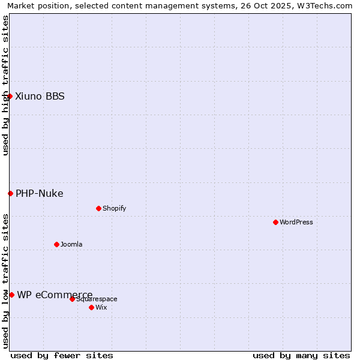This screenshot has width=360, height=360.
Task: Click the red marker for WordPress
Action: tap(275, 222)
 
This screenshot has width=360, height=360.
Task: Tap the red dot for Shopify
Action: tap(98, 208)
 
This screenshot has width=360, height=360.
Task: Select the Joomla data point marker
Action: tap(56, 244)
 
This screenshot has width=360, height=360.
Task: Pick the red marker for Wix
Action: tap(91, 307)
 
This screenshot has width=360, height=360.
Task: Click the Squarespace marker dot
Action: tap(72, 299)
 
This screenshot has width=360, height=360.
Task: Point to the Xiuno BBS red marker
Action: tap(10, 96)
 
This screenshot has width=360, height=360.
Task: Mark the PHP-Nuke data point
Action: tap(10, 193)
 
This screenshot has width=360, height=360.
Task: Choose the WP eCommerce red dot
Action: tap(11, 295)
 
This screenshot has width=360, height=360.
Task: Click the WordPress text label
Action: tap(296, 222)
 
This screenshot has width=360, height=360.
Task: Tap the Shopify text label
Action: tap(115, 208)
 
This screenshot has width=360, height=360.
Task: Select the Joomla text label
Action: tap(71, 244)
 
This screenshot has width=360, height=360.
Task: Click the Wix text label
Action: tap(101, 307)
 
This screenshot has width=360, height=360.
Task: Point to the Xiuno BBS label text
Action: tap(40, 96)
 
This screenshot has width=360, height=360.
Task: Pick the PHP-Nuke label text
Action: tap(40, 193)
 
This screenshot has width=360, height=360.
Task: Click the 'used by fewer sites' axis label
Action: tap(62, 355)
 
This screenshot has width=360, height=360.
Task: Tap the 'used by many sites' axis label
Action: tap(301, 355)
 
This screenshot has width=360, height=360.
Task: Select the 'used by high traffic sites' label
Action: tap(5, 85)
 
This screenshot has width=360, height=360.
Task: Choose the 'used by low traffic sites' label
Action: tap(5, 281)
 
